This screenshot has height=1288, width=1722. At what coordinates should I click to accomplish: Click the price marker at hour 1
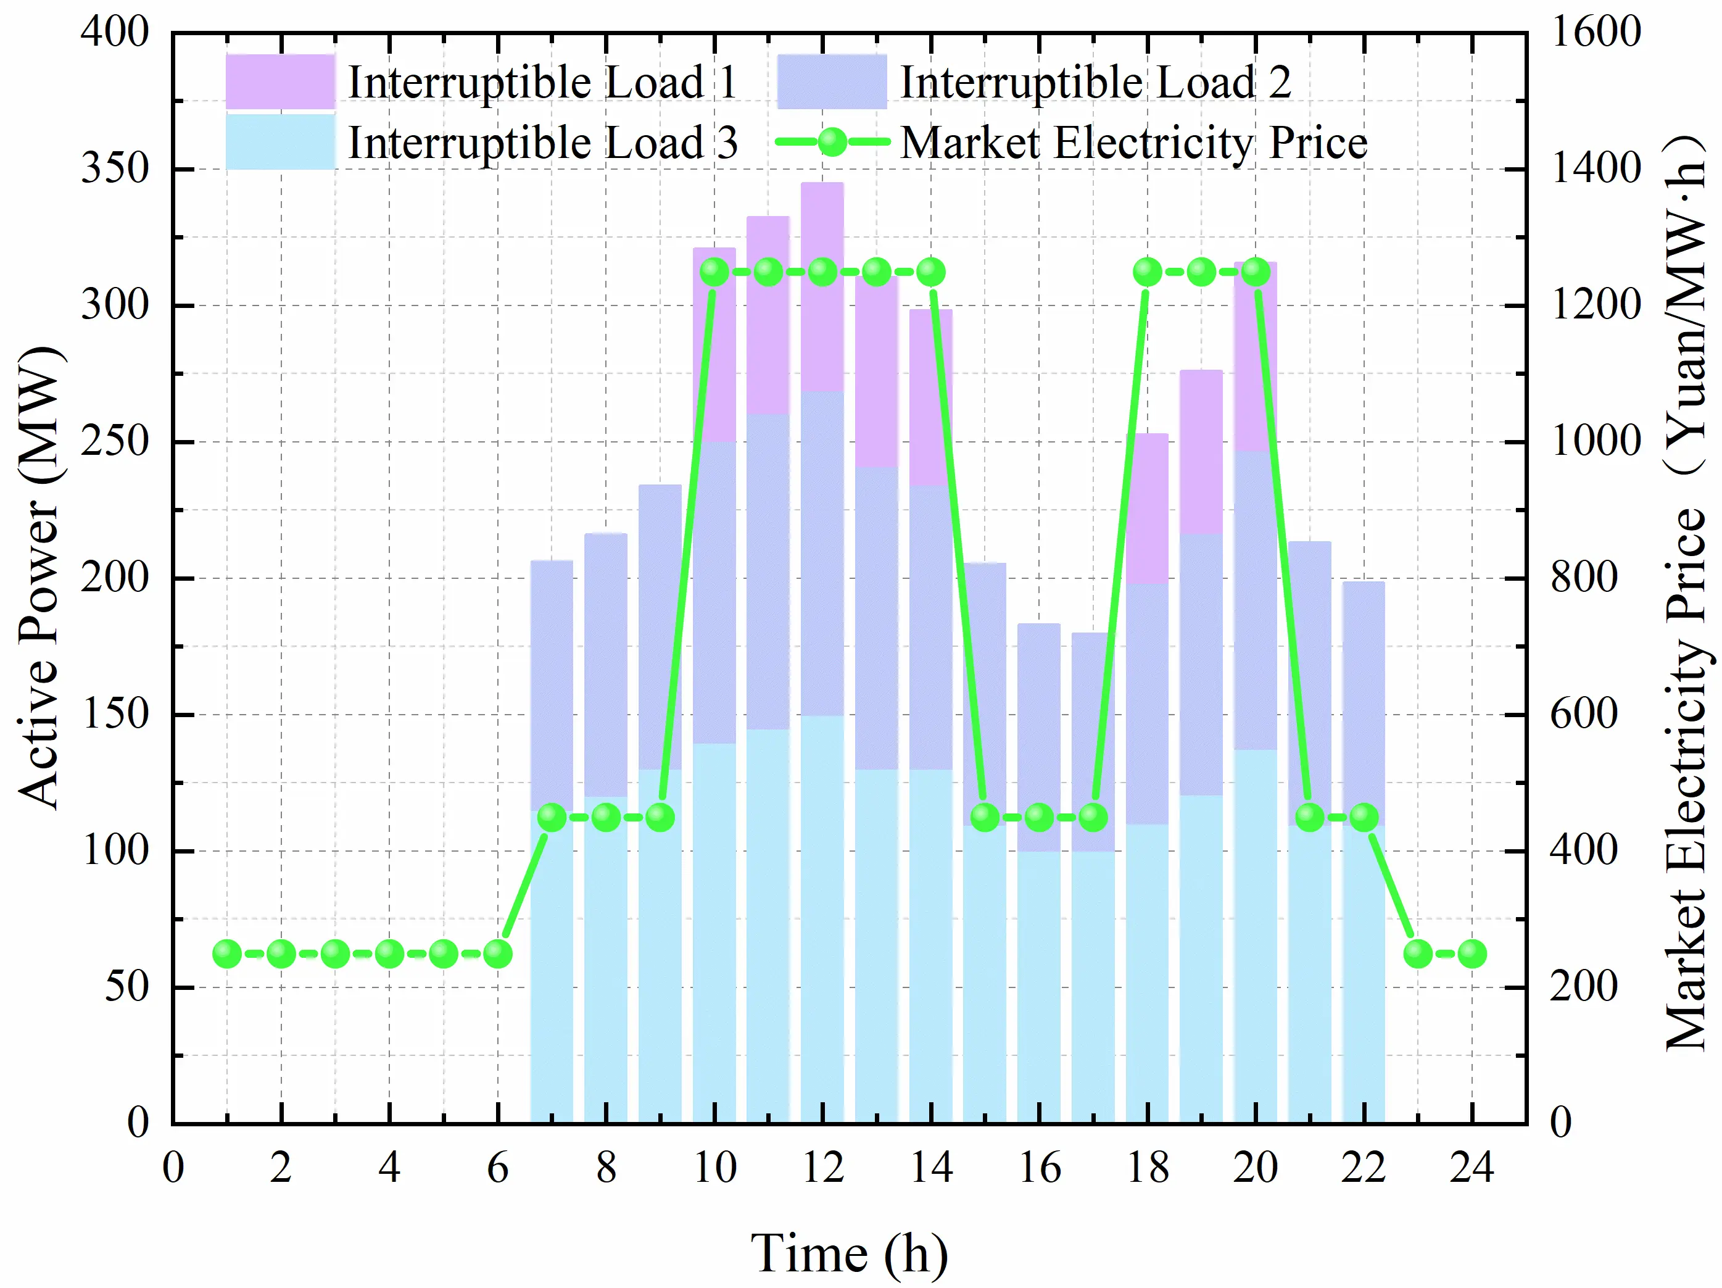226,953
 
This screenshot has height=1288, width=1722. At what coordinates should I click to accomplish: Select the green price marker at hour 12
823,272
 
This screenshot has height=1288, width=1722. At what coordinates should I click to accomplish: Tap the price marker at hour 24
1472,953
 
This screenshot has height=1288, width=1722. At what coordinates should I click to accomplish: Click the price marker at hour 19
1201,272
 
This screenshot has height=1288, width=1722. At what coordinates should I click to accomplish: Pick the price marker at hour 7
552,817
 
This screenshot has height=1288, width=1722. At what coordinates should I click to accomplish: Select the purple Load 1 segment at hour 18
1147,509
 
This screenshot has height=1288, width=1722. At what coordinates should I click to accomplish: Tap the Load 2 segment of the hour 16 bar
1038,737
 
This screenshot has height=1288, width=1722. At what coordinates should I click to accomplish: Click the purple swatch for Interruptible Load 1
280,81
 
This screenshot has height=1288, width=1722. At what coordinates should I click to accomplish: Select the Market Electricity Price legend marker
832,143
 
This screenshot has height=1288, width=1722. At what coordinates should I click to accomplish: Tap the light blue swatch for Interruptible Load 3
280,142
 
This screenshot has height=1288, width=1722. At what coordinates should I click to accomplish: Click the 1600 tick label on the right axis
1596,32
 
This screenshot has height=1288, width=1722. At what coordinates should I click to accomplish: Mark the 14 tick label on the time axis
931,1167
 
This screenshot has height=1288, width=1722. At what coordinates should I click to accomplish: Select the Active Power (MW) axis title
39,577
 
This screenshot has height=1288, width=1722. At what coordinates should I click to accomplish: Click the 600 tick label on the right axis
1584,713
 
